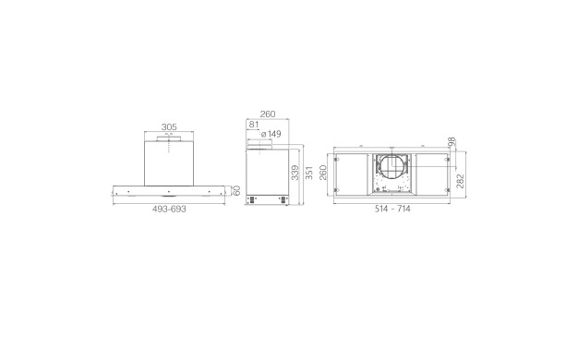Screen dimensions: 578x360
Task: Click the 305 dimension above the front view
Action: point(169,127)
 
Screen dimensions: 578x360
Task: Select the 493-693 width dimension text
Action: point(169,209)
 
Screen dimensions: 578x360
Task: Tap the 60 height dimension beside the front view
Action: point(237,190)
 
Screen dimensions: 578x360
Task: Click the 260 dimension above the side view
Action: point(268,114)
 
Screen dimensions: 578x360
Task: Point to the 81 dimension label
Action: point(254,125)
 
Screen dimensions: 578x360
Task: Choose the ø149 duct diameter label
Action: point(271,134)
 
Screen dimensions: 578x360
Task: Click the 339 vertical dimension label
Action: point(295,173)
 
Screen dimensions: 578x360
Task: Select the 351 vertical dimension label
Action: point(309,173)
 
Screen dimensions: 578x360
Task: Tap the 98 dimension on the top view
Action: point(452,141)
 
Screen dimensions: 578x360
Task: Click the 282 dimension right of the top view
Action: point(461,181)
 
